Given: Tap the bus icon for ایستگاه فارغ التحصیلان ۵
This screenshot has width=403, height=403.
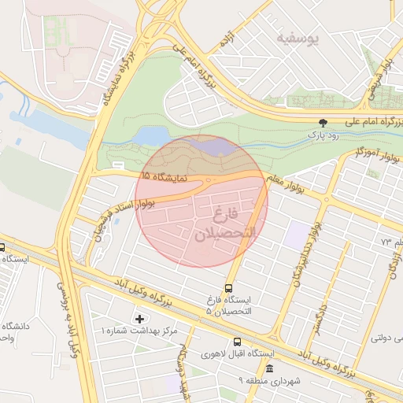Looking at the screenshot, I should pyautogui.click(x=228, y=288).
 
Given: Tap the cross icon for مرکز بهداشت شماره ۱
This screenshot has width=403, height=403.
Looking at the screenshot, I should pyautogui.click(x=140, y=318).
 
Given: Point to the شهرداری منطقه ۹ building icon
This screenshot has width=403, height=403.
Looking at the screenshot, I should pyautogui.click(x=270, y=368).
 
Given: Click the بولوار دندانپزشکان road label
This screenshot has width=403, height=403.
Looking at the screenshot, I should pyautogui.click(x=306, y=252).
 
